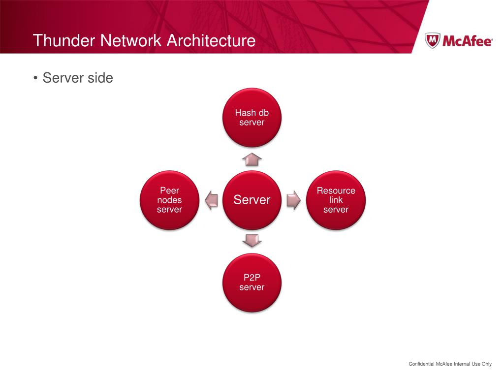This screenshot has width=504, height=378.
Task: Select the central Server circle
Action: coord(252,200)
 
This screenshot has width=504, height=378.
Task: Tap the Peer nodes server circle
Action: coord(169,200)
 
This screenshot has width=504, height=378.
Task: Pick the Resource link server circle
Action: coord(336,200)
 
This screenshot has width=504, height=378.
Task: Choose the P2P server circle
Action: coord(252,283)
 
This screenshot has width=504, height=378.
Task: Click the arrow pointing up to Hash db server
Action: coord(252,159)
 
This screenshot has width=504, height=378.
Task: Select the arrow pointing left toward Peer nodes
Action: coord(211,200)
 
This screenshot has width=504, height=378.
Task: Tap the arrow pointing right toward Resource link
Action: coord(293,200)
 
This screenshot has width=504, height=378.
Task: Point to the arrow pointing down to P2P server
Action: coord(252,240)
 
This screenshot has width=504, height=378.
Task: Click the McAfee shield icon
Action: coord(432,41)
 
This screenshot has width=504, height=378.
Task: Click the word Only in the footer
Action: coord(486,364)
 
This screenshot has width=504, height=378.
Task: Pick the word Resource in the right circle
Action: coord(336,191)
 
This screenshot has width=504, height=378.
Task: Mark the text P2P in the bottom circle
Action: coord(252,278)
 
